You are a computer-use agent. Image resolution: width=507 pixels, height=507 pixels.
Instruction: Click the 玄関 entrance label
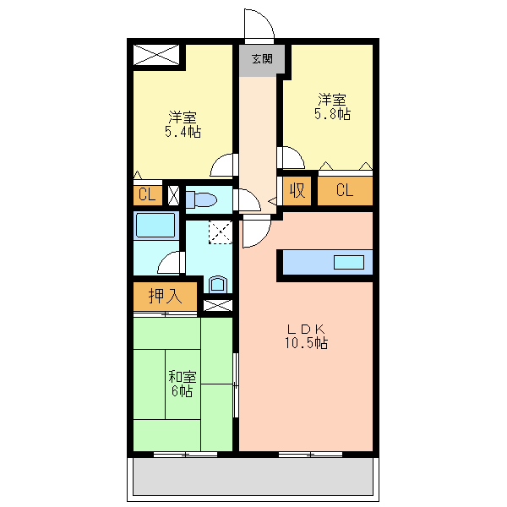[x=261, y=59]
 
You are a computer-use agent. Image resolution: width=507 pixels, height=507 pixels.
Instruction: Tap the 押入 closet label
[x=165, y=297]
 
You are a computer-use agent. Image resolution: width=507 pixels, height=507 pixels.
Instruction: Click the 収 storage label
[x=297, y=190]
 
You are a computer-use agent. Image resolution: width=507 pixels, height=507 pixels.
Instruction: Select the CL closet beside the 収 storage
[x=344, y=190]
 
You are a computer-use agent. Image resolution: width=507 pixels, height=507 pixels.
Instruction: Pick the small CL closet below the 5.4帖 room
[x=146, y=194]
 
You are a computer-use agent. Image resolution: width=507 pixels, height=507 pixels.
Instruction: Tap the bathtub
[x=154, y=226]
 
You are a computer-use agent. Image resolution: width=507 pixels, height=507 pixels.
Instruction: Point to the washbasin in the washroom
[x=217, y=283]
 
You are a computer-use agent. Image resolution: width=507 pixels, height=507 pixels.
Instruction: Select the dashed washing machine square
[x=220, y=231]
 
